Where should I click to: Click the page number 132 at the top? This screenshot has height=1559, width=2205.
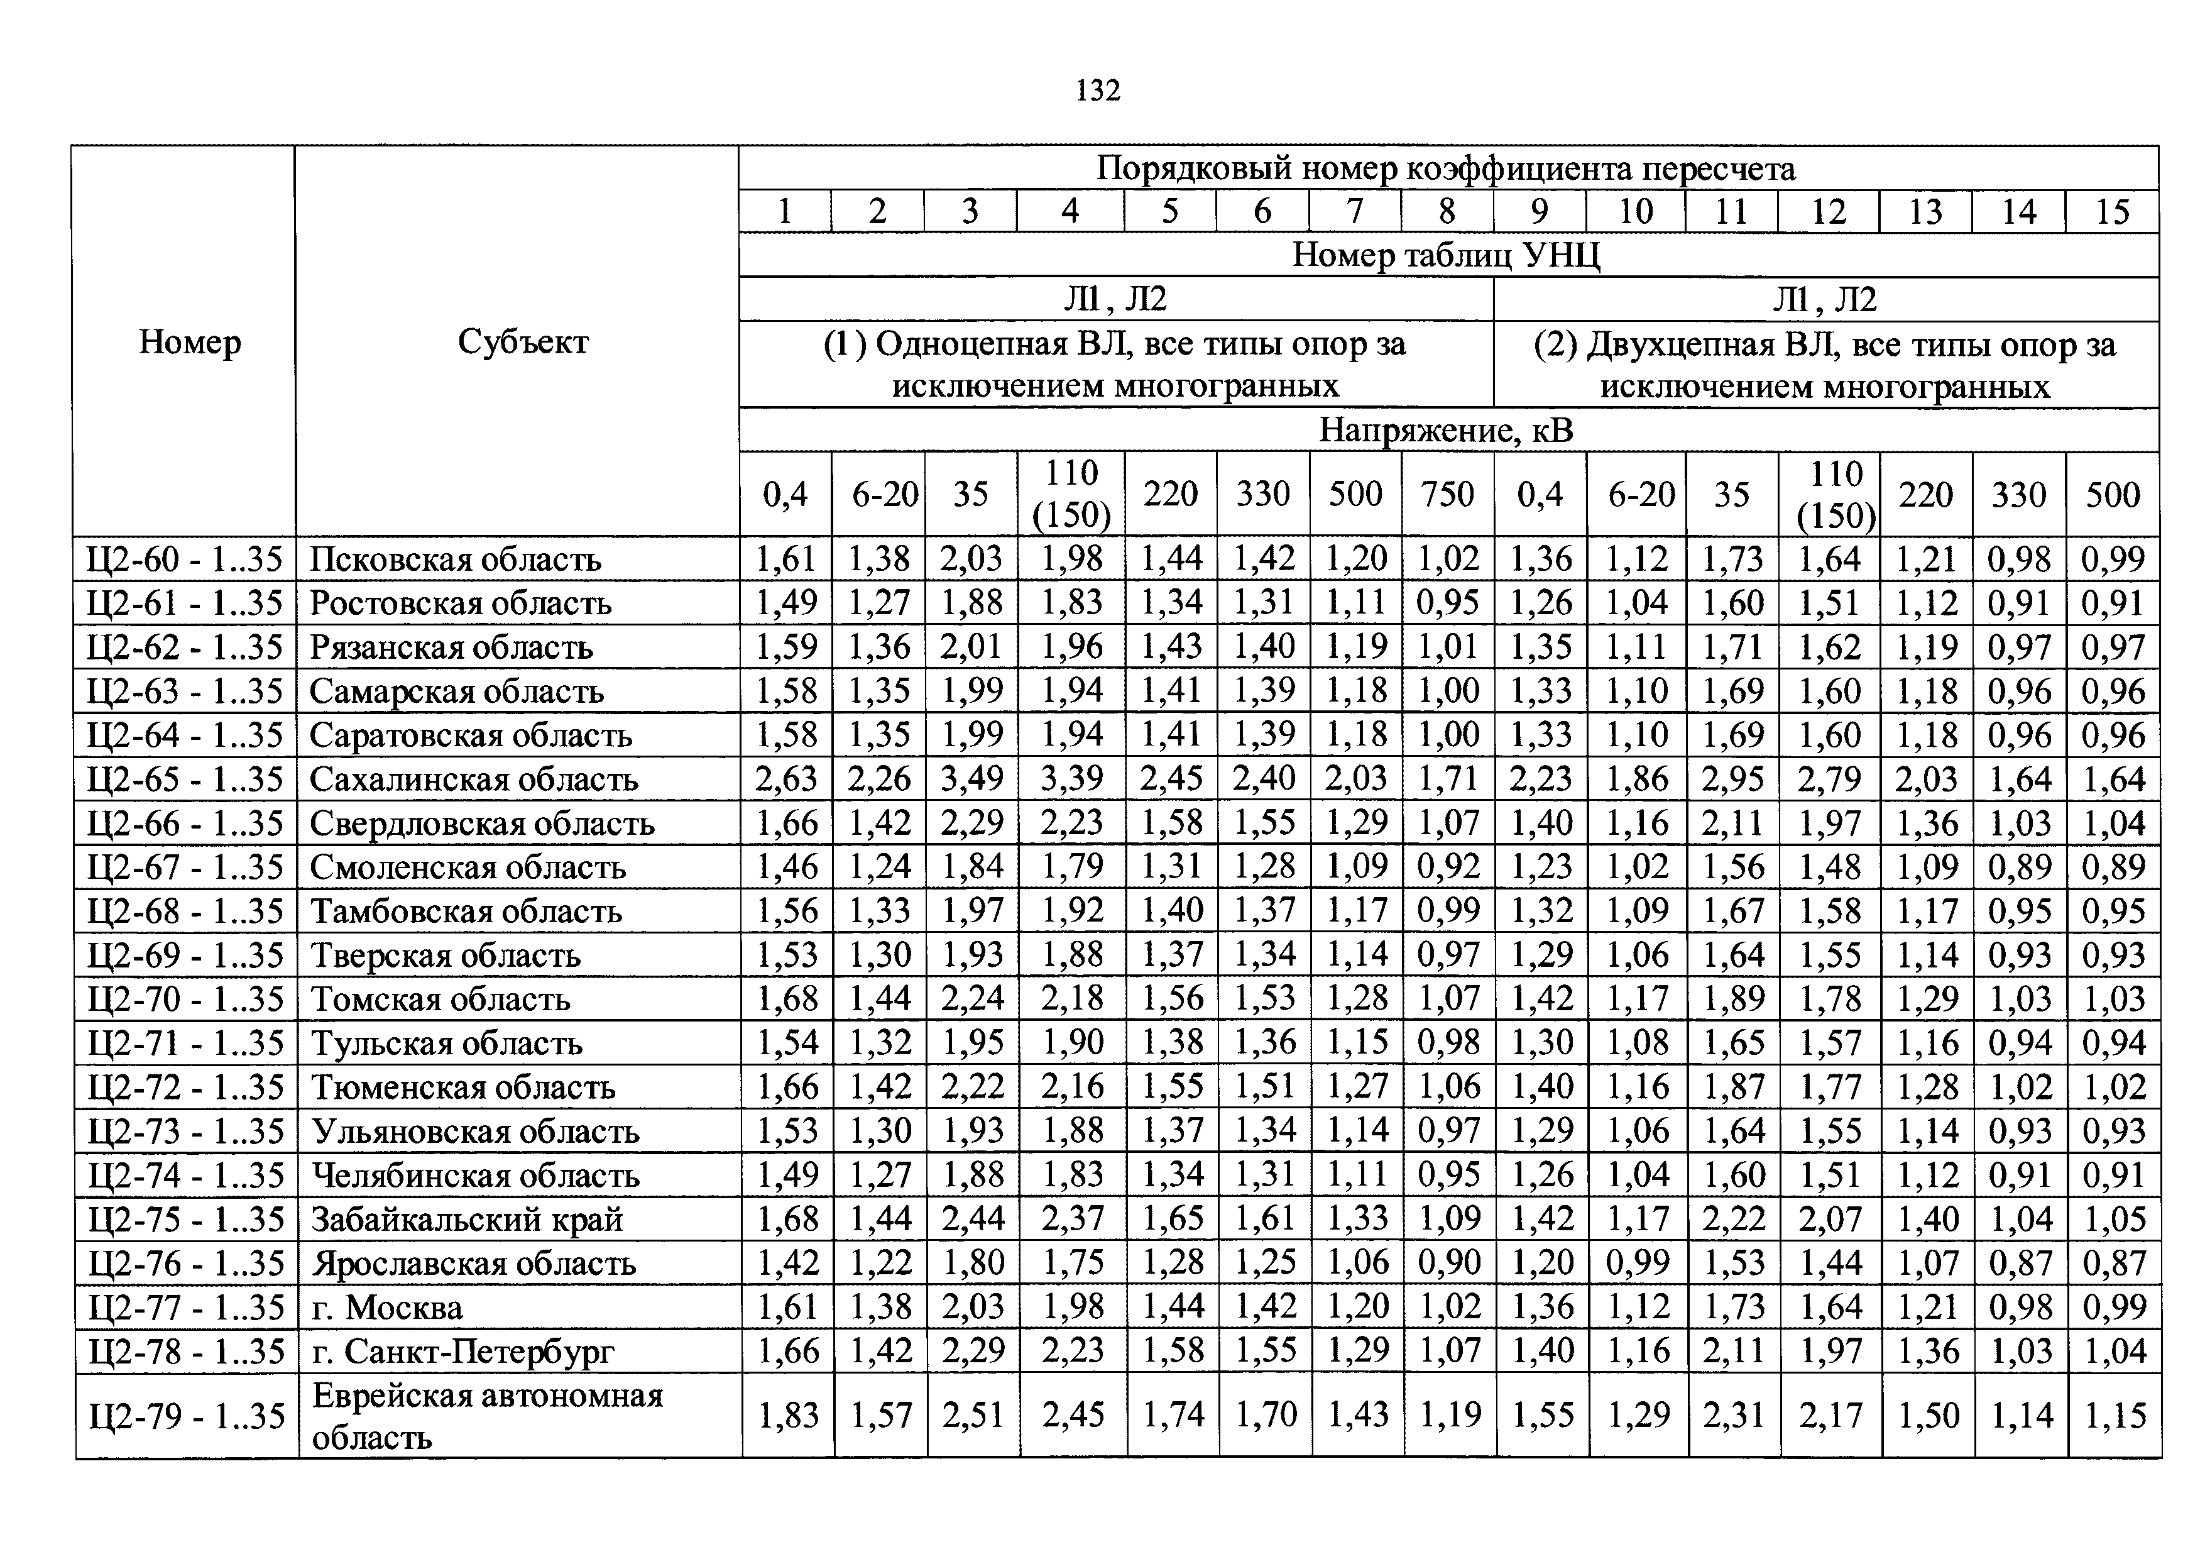pos(1098,91)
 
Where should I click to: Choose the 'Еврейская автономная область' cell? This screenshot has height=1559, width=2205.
pos(487,1416)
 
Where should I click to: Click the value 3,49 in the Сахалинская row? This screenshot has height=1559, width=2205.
pos(972,779)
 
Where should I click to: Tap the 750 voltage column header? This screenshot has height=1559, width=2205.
pos(1447,493)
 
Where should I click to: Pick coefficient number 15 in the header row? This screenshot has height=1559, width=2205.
pos(2112,211)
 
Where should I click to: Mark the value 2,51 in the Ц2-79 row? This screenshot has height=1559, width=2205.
pos(973,1415)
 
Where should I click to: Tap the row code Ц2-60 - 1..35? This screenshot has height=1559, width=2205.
pos(184,559)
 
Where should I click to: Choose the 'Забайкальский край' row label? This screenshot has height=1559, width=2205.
pos(467,1219)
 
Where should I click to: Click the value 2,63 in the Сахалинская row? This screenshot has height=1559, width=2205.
pos(785,779)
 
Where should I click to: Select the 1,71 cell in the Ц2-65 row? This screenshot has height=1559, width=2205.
pos(1447,779)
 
